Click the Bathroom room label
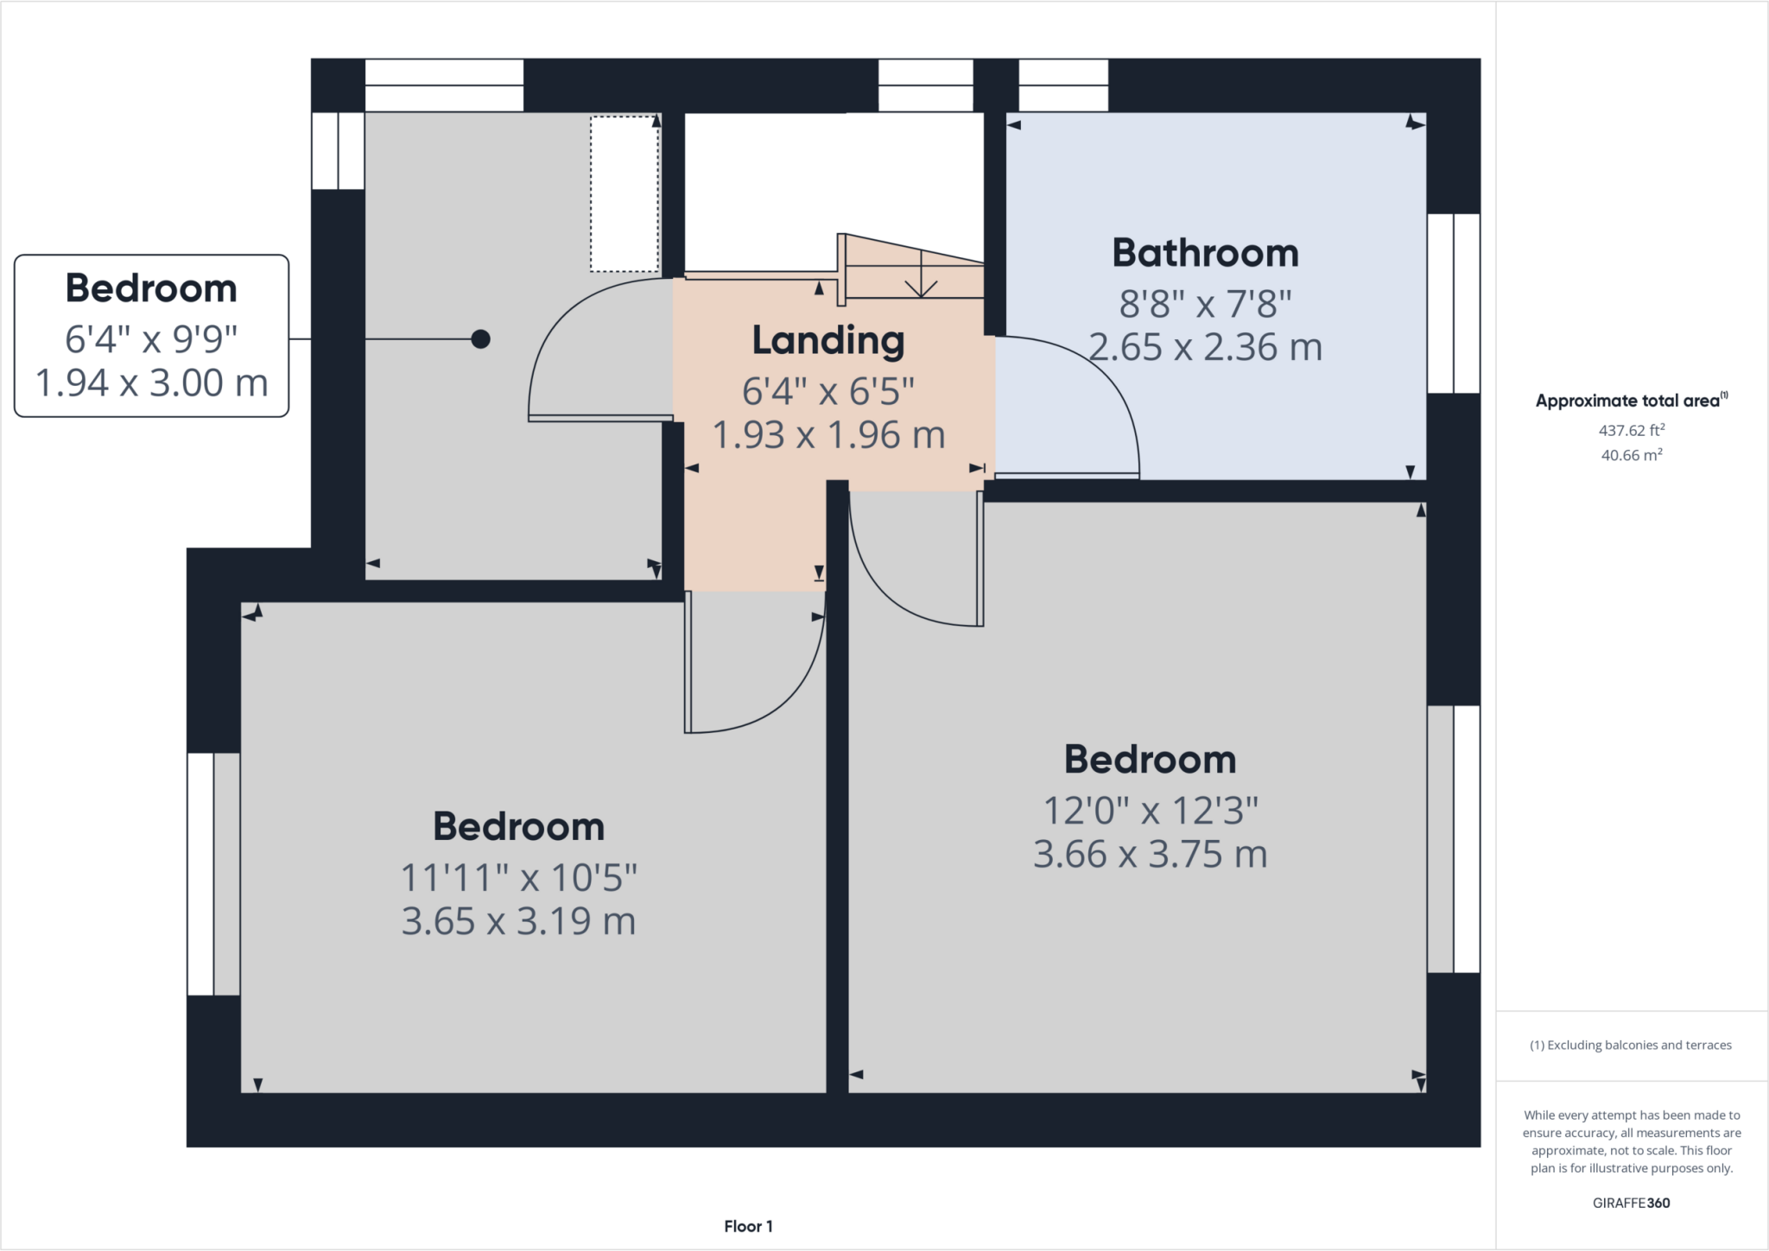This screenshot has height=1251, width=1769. tap(1205, 254)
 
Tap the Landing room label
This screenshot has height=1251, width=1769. tap(827, 340)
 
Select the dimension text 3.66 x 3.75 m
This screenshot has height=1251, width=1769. tap(1150, 855)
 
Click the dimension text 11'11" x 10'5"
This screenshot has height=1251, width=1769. tap(518, 878)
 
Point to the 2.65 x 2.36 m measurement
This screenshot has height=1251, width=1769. tap(1205, 347)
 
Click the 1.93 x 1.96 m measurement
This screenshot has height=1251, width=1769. tap(827, 434)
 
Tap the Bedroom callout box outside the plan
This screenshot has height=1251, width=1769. tap(151, 335)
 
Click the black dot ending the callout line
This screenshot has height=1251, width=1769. tap(481, 339)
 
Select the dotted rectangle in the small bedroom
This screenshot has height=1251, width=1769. tap(625, 194)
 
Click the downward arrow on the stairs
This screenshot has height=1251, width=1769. tap(922, 285)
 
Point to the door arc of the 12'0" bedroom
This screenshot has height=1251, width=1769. tap(881, 587)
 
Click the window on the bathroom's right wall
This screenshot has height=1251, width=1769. tap(1453, 303)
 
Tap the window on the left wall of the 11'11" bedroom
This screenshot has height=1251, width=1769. tap(212, 874)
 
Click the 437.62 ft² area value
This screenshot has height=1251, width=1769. tap(1631, 430)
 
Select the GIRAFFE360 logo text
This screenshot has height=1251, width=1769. tap(1631, 1203)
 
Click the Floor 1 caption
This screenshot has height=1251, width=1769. tap(748, 1226)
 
